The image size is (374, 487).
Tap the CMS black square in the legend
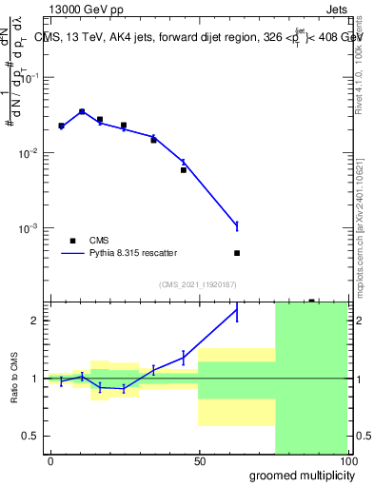[x=71, y=241]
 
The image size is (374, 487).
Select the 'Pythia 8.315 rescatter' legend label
[x=131, y=253]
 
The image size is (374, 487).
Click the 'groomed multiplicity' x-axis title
[x=296, y=474]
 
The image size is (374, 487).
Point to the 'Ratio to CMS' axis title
[x=14, y=379]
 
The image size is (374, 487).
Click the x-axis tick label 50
[x=199, y=461]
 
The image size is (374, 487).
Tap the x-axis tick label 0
[x=50, y=461]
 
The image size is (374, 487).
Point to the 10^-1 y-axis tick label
[x=30, y=79]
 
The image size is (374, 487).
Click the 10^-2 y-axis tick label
[x=30, y=153]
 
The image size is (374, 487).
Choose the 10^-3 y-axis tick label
[x=30, y=228]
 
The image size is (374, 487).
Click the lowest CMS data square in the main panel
[x=237, y=253]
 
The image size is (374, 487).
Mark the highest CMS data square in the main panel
[x=82, y=111]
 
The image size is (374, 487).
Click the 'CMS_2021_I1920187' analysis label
[x=198, y=283]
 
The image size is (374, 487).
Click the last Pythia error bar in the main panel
[x=237, y=225]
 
